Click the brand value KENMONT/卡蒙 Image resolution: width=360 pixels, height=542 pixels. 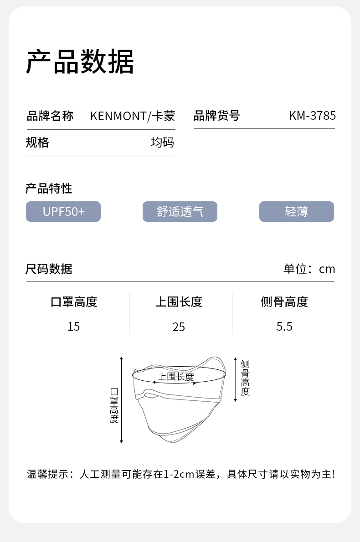click(132, 116)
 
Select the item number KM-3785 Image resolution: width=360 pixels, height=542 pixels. click(312, 116)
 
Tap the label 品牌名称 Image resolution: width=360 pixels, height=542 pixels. click(50, 116)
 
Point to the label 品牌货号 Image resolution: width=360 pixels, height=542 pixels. click(216, 116)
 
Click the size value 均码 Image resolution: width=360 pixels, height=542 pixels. click(162, 143)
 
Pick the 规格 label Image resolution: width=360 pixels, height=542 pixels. click(37, 143)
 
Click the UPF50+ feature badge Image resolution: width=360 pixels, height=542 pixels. click(63, 212)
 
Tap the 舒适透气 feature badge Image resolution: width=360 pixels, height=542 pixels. click(180, 212)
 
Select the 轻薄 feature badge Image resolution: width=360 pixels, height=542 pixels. click(297, 212)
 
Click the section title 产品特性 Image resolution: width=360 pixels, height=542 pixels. click(49, 188)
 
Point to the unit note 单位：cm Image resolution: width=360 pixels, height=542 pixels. click(309, 269)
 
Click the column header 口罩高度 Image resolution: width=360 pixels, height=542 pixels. click(74, 302)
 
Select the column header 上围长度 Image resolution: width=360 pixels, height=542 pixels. click(179, 302)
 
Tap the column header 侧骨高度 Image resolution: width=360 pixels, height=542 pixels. click(284, 302)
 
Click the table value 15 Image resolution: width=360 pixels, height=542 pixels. click(74, 326)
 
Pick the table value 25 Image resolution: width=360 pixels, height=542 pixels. click(179, 327)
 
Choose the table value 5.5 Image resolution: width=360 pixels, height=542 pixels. click(284, 326)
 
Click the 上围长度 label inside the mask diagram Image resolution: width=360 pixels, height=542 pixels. click(176, 377)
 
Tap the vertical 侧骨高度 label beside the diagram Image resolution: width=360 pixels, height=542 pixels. click(245, 378)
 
